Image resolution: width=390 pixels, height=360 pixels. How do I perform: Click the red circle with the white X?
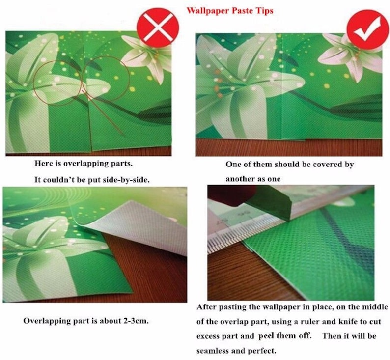coord(158,28)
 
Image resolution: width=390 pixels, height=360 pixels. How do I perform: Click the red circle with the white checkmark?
coord(367,29)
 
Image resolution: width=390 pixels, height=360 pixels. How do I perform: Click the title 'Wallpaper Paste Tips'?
coord(230,11)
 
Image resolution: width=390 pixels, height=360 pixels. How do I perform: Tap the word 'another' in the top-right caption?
coord(240,179)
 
